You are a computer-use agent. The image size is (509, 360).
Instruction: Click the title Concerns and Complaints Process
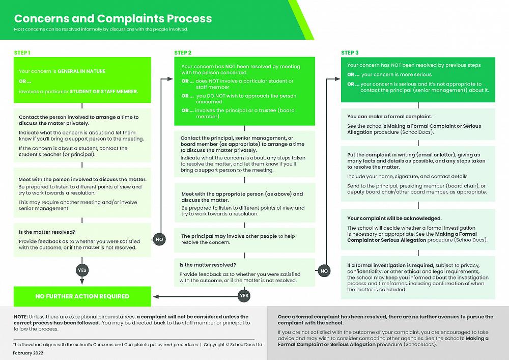coord(112,19)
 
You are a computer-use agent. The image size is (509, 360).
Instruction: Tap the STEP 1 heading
coord(22,53)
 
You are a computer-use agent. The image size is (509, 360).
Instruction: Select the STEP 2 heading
coord(183,53)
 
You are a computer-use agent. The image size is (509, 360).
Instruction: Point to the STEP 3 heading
coord(350,53)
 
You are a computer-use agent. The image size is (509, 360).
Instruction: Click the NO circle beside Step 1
coord(159,239)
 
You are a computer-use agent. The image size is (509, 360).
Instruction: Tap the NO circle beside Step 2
coord(324,271)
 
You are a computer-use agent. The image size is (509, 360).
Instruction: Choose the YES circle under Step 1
coord(81,269)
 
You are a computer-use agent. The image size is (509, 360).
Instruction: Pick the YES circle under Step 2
coord(244,296)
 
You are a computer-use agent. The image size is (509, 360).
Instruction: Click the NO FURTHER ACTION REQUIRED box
coord(82,296)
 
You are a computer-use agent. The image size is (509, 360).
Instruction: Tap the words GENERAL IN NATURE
coord(81,71)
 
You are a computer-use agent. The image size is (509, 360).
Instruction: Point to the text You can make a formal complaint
coord(382,117)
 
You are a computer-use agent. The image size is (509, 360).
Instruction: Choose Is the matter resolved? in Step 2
coord(207,265)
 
